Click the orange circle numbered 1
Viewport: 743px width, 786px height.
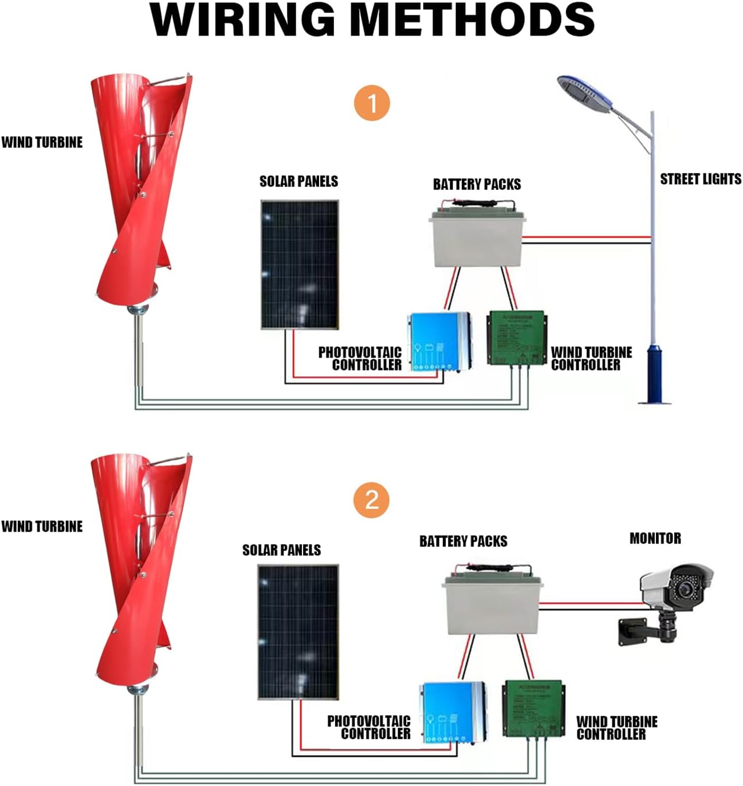coord(372,104)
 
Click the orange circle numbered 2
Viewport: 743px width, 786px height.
coord(372,500)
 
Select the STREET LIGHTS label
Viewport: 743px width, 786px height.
coord(700,179)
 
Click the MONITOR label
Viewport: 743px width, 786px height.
coord(655,539)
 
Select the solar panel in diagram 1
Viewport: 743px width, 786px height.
coord(300,264)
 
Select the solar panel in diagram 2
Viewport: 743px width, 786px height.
coord(298,631)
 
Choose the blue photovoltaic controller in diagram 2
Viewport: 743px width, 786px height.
coord(453,711)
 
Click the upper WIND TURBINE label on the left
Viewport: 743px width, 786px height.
coord(42,143)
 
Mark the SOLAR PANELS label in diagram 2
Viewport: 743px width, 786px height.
coord(281,550)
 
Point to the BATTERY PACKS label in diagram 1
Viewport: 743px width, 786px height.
coord(477,184)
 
